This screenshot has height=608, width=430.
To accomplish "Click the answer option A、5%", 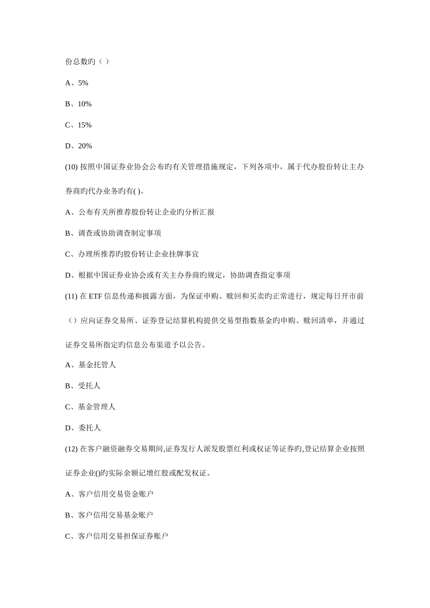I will click(x=76, y=83).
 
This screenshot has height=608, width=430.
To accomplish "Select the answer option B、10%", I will click(x=78, y=104).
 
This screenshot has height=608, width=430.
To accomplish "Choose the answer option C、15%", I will click(x=78, y=125).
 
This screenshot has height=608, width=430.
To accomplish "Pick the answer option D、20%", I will click(x=79, y=146).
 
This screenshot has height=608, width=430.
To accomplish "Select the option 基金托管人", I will click(x=91, y=365).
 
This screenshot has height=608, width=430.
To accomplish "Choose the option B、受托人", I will click(x=83, y=386).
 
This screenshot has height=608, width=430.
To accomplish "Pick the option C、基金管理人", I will click(x=91, y=407).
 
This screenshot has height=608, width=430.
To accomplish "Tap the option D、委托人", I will click(x=83, y=427).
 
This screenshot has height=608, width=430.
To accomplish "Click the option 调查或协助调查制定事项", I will click(x=113, y=233).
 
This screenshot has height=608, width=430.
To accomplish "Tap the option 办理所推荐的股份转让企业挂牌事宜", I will click(x=132, y=254).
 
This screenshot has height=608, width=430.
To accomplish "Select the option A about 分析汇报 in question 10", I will click(x=140, y=212).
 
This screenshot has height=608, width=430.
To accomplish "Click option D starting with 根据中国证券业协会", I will click(x=178, y=275).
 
